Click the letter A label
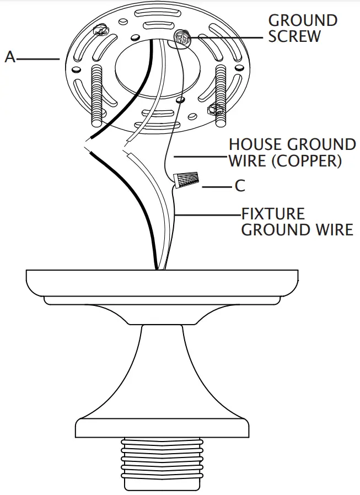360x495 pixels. point(9,56)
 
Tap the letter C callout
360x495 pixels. point(239,186)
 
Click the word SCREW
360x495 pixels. point(294,36)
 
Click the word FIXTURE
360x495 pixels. point(273,213)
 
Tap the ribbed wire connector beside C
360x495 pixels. point(186,180)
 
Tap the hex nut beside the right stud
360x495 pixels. point(213,109)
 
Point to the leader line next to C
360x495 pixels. point(216,187)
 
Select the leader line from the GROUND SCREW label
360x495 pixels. point(226,37)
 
